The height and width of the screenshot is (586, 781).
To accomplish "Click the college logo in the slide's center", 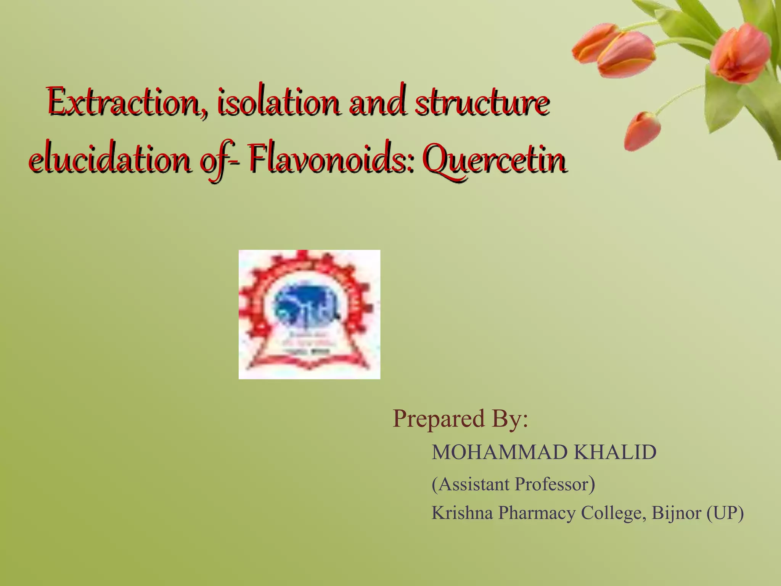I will (309, 314).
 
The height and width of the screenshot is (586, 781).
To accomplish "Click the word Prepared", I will (439, 419).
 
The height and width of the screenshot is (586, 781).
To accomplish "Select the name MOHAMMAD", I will (500, 452).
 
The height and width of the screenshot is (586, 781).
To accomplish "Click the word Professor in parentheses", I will (551, 484).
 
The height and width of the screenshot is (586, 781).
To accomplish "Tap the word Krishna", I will (462, 513).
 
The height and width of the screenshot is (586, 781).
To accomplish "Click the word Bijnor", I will (676, 513).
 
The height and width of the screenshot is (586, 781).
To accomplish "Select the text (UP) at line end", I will (725, 513).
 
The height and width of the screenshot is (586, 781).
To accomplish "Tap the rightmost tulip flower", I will (740, 53).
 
